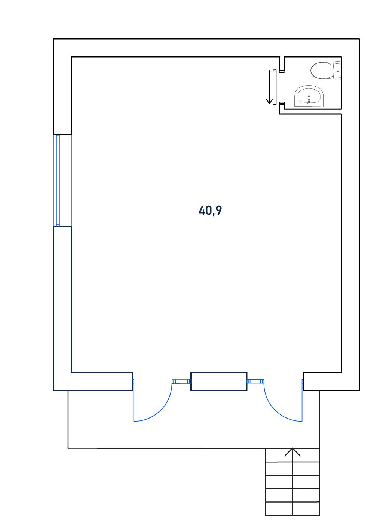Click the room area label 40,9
pos(210,211)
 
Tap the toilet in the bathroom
pos(326,71)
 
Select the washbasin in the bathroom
pos(309,96)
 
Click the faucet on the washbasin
pos(309,101)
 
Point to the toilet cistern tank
pos(338,71)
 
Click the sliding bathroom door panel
pos(274,87)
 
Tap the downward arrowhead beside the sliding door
pos(269,101)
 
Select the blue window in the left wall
pos(62,180)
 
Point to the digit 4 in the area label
pos(202,210)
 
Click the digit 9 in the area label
pos(218,210)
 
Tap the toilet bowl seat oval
pos(322,71)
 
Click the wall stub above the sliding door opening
pos(282,64)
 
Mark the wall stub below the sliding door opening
pos(282,108)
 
